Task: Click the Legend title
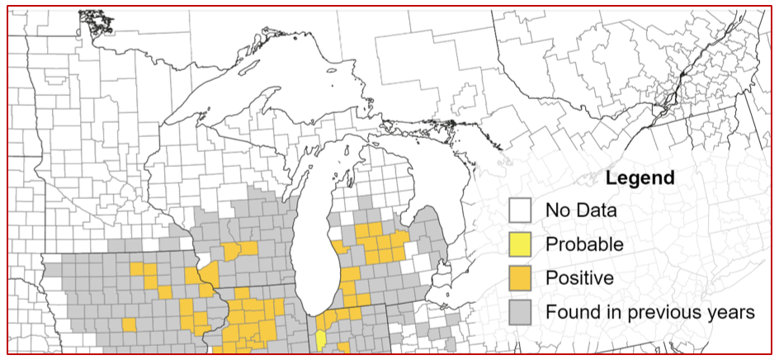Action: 640,178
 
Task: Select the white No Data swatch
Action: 520,211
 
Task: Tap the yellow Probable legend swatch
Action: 520,244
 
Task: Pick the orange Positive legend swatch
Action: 520,278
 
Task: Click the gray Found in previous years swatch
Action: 520,312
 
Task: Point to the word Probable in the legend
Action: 584,244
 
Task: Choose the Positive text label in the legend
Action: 579,278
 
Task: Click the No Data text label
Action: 581,211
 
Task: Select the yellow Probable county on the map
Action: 320,339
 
